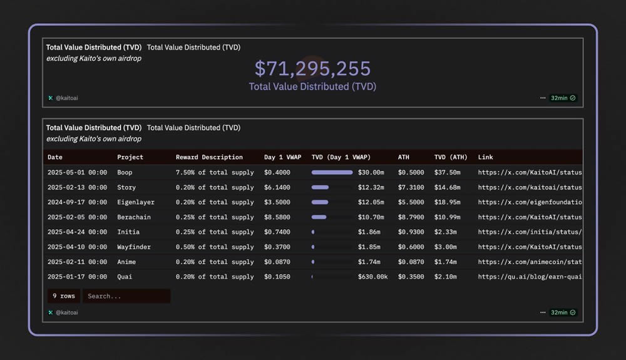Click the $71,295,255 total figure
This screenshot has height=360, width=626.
pyautogui.click(x=312, y=68)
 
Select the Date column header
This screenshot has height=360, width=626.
pyautogui.click(x=55, y=157)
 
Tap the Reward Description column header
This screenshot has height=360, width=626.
pyautogui.click(x=209, y=157)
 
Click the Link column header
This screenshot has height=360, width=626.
pyautogui.click(x=485, y=157)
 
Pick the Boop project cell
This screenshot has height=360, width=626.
pyautogui.click(x=125, y=172)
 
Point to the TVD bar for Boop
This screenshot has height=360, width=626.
pyautogui.click(x=332, y=172)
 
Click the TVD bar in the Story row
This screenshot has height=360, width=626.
pyautogui.click(x=320, y=187)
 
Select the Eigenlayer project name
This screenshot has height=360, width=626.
pyautogui.click(x=135, y=202)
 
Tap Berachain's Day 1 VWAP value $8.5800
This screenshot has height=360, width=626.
pyautogui.click(x=277, y=217)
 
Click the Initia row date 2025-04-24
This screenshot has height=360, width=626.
pyautogui.click(x=77, y=232)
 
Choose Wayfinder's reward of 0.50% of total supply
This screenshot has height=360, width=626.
pyautogui.click(x=215, y=247)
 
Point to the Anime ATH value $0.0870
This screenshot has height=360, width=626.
pyautogui.click(x=411, y=262)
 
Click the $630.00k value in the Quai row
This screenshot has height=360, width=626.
pyautogui.click(x=372, y=277)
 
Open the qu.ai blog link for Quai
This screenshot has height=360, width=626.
pyautogui.click(x=530, y=277)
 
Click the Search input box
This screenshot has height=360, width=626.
pyautogui.click(x=126, y=296)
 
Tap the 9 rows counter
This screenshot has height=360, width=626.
pyautogui.click(x=63, y=296)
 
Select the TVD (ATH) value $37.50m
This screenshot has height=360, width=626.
pyautogui.click(x=447, y=172)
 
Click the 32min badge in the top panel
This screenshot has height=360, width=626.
pyautogui.click(x=563, y=98)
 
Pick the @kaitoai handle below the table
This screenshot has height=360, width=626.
pyautogui.click(x=66, y=312)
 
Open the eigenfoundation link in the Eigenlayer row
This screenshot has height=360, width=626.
pyautogui.click(x=530, y=202)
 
